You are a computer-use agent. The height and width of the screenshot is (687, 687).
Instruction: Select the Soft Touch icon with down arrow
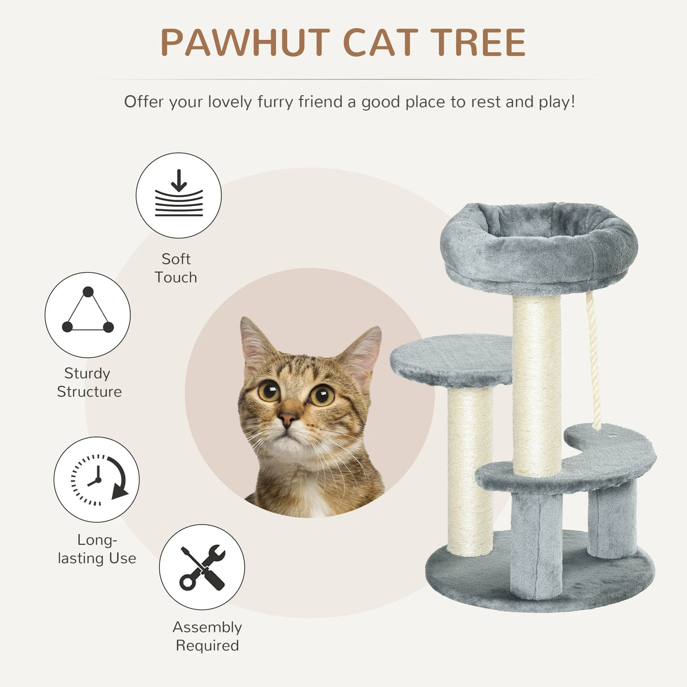[178, 195]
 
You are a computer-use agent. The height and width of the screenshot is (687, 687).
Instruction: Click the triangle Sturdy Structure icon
[88, 315]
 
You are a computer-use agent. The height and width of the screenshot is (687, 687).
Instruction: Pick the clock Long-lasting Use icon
[97, 479]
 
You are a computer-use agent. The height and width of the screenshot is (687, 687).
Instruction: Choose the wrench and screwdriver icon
[202, 567]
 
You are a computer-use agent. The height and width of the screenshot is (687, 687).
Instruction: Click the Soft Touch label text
[176, 268]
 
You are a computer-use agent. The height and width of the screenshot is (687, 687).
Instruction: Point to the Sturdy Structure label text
[89, 383]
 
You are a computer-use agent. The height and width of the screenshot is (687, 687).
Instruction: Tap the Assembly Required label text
[207, 636]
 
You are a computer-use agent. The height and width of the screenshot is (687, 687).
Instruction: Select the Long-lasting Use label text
[97, 549]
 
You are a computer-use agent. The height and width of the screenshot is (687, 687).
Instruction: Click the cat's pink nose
[287, 419]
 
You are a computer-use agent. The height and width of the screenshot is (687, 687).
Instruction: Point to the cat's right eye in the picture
[321, 394]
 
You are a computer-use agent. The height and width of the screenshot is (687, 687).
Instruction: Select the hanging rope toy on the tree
[594, 362]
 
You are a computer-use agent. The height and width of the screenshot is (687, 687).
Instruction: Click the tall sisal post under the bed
[536, 385]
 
